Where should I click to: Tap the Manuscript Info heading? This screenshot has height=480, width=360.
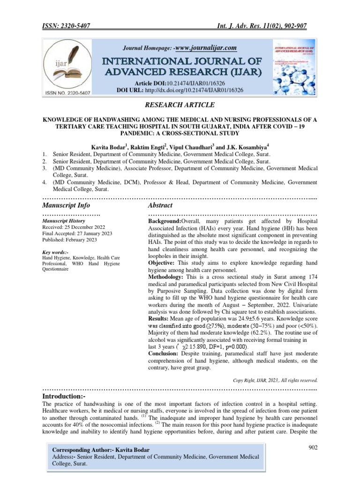[66, 205]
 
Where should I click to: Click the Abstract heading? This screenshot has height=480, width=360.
[160, 205]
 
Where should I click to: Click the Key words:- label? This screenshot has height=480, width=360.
[55, 253]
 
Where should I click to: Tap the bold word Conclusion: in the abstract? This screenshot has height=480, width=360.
[166, 353]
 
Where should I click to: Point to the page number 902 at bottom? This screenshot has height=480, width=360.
[312, 448]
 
